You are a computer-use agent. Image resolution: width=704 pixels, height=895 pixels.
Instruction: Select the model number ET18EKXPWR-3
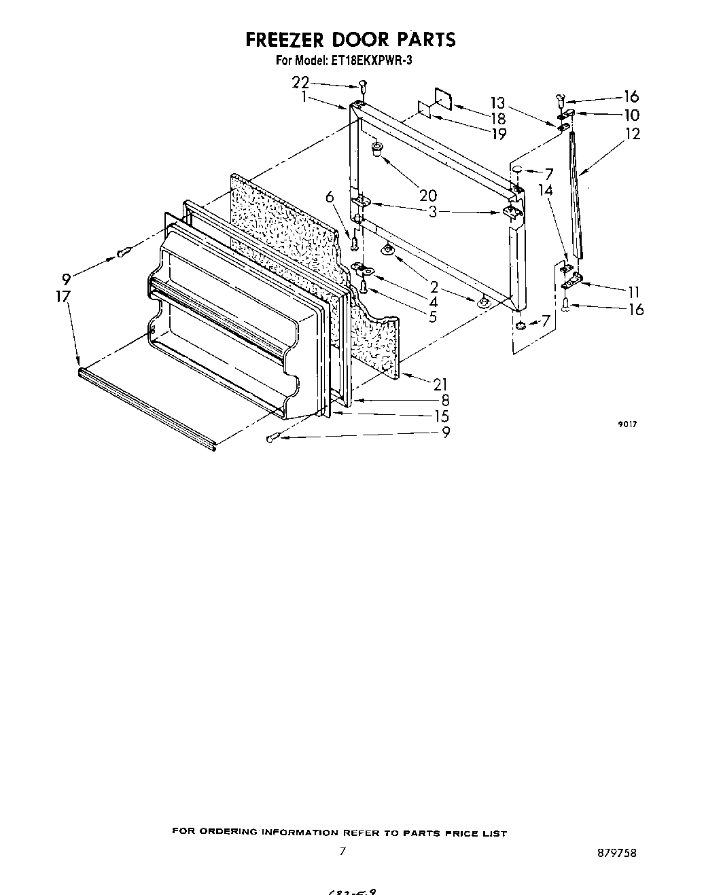372,60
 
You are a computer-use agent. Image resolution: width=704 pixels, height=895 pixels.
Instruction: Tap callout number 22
301,82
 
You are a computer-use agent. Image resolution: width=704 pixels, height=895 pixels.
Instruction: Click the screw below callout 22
362,87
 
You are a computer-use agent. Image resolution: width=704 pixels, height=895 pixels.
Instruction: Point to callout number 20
427,196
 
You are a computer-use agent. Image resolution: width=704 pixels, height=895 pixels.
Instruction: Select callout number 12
633,134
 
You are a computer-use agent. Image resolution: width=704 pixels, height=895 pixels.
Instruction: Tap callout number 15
442,416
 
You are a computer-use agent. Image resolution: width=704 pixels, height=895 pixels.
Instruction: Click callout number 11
633,293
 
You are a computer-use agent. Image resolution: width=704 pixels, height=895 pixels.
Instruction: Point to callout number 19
498,134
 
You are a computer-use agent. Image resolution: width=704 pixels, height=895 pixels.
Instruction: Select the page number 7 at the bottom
343,851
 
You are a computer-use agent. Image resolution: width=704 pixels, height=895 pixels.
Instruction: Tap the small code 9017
627,424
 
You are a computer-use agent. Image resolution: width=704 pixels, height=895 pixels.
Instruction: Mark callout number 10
631,115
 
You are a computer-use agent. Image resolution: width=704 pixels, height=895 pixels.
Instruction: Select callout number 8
445,400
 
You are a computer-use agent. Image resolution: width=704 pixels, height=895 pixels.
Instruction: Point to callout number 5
433,316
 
